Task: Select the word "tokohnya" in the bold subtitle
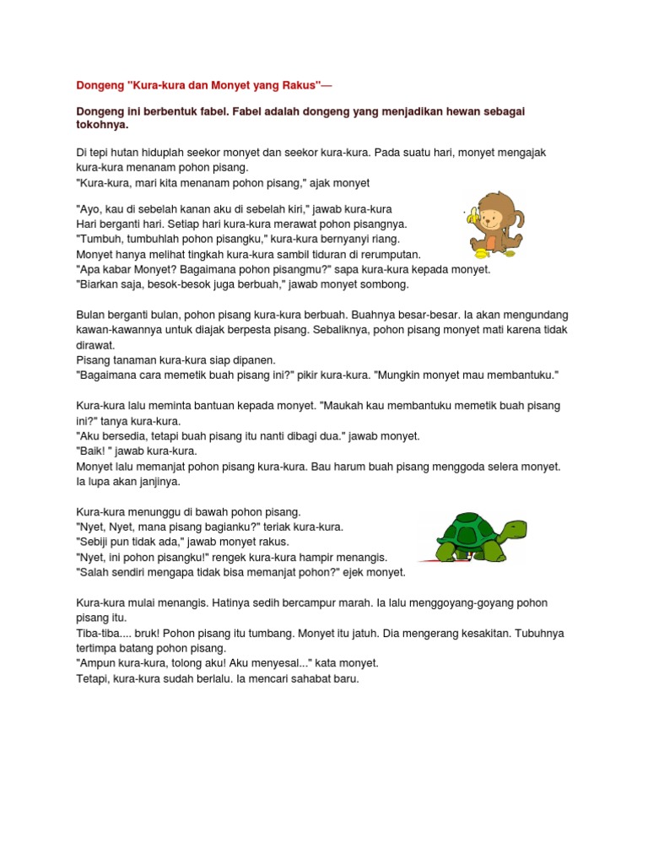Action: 102,126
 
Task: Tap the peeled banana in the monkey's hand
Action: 473,220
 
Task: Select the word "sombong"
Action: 383,284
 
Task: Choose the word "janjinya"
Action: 156,482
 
